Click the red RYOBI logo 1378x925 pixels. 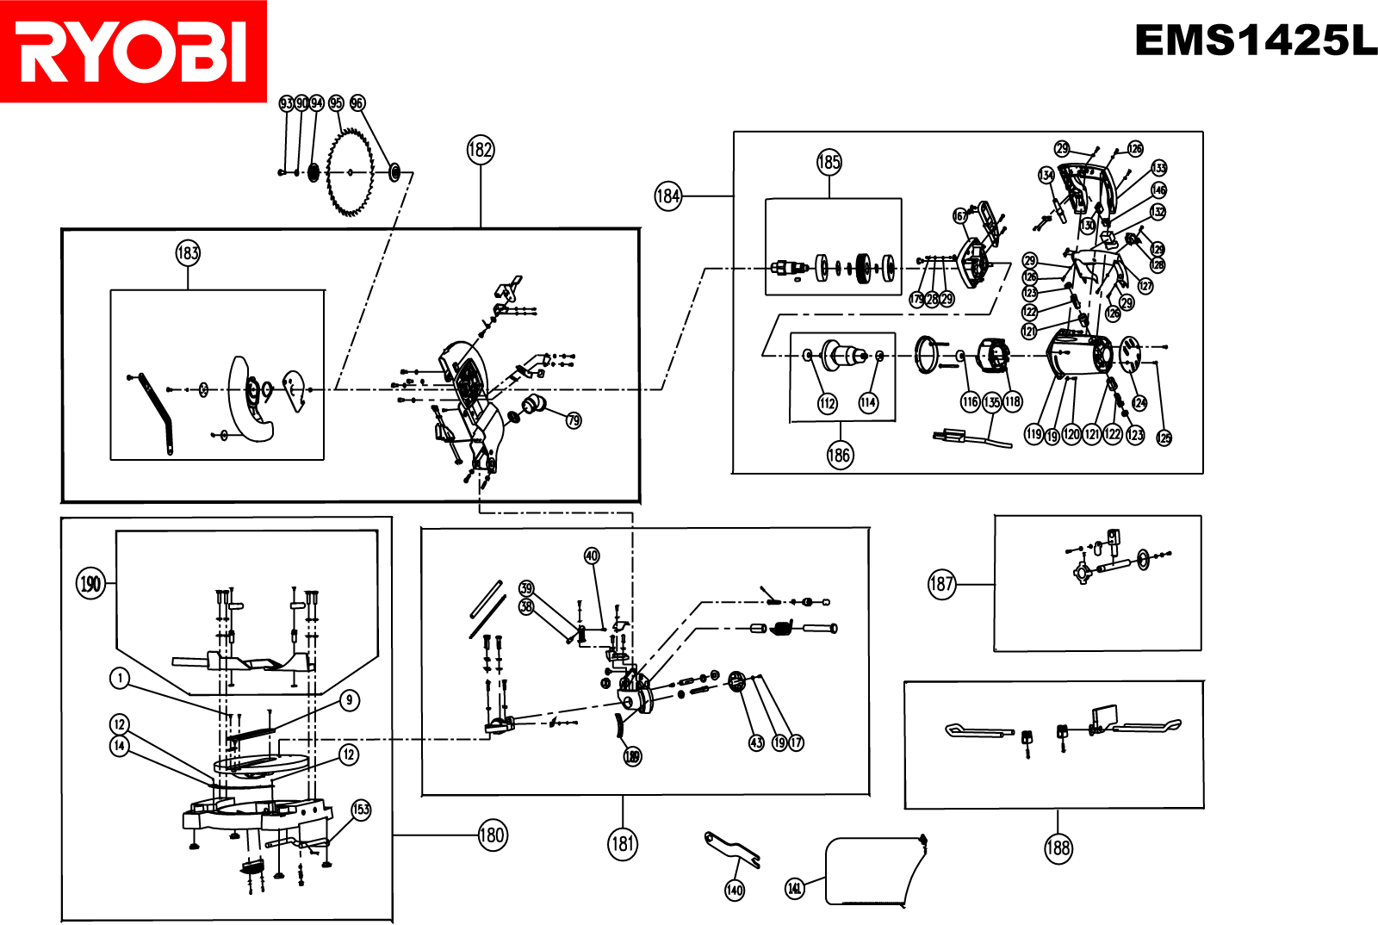pyautogui.click(x=133, y=52)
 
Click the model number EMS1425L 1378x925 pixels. pyautogui.click(x=1255, y=40)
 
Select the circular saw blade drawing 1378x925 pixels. pyautogui.click(x=351, y=172)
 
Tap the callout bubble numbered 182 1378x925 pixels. pyautogui.click(x=481, y=150)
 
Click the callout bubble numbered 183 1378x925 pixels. pyautogui.click(x=188, y=253)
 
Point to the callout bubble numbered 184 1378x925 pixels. pyautogui.click(x=668, y=196)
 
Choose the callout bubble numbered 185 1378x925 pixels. pyautogui.click(x=829, y=162)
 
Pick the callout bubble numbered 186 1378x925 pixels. pyautogui.click(x=840, y=455)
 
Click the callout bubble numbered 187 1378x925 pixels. pyautogui.click(x=942, y=585)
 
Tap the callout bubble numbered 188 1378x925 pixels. pyautogui.click(x=1058, y=848)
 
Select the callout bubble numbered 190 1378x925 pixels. pyautogui.click(x=90, y=584)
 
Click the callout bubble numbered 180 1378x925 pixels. pyautogui.click(x=492, y=835)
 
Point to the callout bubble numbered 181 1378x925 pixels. pyautogui.click(x=623, y=844)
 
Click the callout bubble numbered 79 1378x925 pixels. pyautogui.click(x=574, y=420)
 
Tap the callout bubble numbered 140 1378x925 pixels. pyautogui.click(x=735, y=890)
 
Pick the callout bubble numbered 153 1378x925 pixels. pyautogui.click(x=361, y=810)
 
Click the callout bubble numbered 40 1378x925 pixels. pyautogui.click(x=592, y=556)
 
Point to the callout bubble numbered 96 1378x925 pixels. pyautogui.click(x=357, y=103)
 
